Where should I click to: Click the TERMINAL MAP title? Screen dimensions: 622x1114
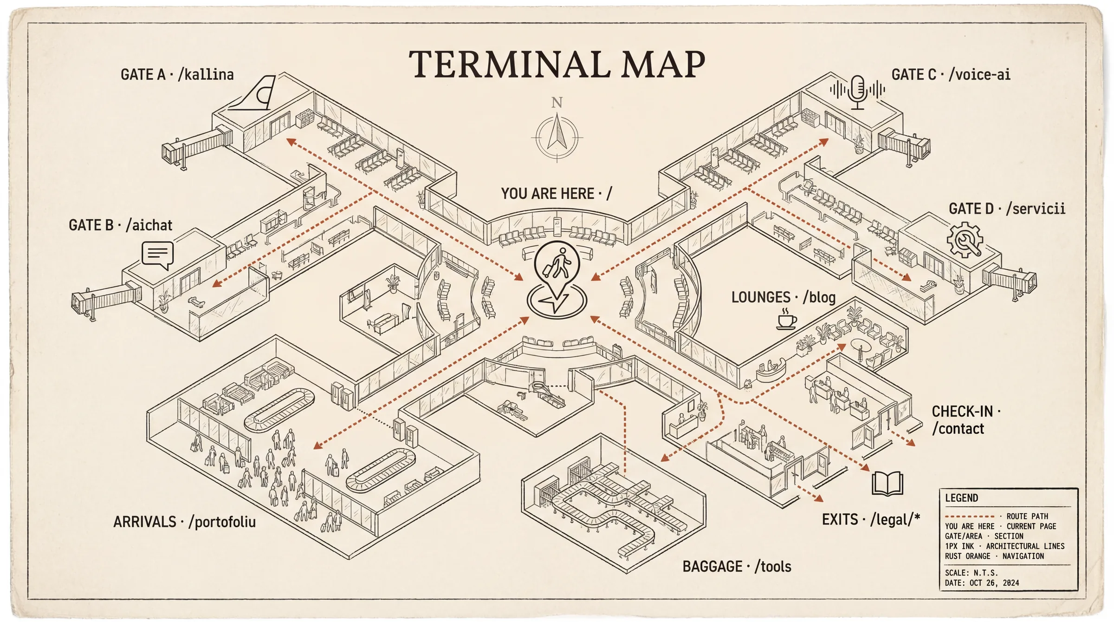(557, 65)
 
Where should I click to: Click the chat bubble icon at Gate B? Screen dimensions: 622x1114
(157, 255)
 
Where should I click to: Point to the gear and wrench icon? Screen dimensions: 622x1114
(965, 240)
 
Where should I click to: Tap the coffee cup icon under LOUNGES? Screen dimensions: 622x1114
(786, 320)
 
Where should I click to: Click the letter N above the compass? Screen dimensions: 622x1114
(557, 103)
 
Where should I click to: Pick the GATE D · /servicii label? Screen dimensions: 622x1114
(1006, 209)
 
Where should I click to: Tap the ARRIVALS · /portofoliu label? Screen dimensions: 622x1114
(184, 522)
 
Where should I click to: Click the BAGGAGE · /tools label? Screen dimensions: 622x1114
(737, 567)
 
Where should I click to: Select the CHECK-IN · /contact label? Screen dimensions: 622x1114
(965, 420)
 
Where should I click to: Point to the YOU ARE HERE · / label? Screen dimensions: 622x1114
(556, 193)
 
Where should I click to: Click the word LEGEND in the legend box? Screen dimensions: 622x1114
(961, 498)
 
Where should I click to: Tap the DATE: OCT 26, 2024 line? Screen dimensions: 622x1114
(982, 583)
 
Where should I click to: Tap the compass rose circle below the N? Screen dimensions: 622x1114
(557, 137)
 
